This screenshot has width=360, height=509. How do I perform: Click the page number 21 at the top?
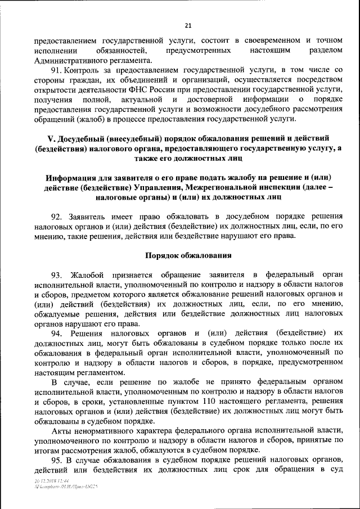188,25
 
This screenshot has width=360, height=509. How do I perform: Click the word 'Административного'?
66,60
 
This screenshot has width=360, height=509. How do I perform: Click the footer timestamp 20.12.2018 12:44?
51,481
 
